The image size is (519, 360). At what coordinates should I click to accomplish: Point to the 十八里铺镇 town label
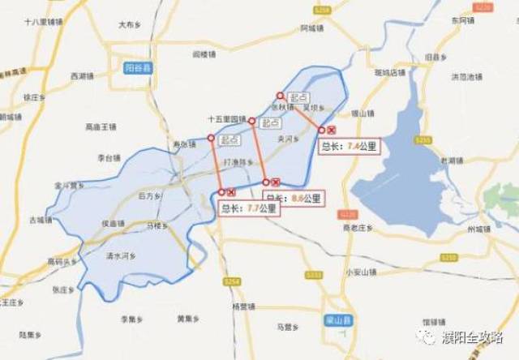[38, 24]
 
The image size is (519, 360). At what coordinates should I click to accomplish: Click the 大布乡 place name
[130, 25]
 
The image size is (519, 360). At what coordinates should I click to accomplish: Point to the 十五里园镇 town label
[227, 118]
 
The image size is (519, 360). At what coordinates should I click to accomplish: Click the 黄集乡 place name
[189, 318]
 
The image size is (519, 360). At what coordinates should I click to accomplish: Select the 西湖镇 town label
[84, 76]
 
